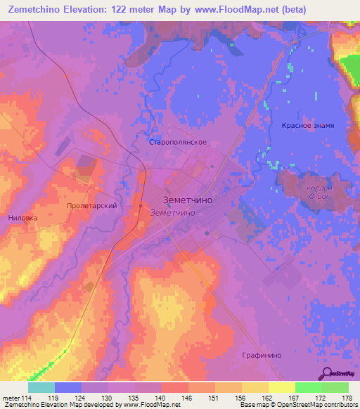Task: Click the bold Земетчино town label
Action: point(188,199)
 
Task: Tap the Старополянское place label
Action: point(177,141)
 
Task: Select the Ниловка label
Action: point(22,218)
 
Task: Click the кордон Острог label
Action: point(319,192)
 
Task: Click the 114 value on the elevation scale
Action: point(27,398)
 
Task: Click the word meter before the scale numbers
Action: point(10,398)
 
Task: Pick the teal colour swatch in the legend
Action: point(41,387)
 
